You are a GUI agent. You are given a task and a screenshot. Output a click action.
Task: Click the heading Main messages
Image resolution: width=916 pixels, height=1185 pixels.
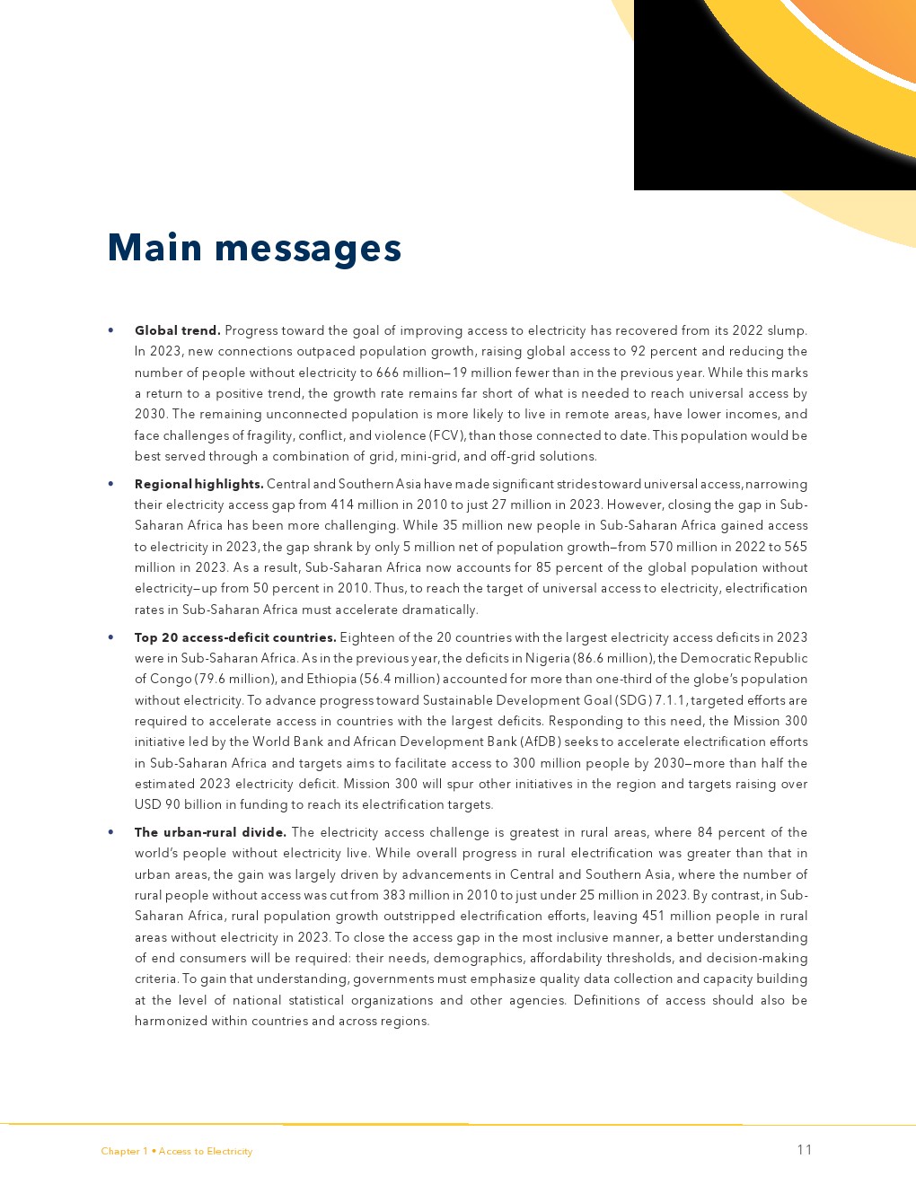(x=254, y=248)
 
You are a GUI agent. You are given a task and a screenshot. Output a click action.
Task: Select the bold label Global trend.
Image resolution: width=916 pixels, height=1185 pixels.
(x=177, y=330)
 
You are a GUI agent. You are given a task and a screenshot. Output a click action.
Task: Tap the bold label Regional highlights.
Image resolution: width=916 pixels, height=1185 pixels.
(x=198, y=484)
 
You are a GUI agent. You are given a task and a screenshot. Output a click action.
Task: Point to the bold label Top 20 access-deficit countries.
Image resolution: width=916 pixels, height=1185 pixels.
(x=235, y=637)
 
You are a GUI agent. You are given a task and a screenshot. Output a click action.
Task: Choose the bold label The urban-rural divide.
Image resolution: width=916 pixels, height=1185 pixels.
(x=210, y=832)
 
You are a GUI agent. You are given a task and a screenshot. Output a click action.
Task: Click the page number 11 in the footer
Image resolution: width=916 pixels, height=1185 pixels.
(x=804, y=1150)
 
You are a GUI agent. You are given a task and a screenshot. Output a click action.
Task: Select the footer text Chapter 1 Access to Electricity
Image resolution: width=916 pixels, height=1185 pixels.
(x=177, y=1151)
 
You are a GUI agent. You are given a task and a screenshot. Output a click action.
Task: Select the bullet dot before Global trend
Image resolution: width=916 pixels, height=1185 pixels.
(x=110, y=330)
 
